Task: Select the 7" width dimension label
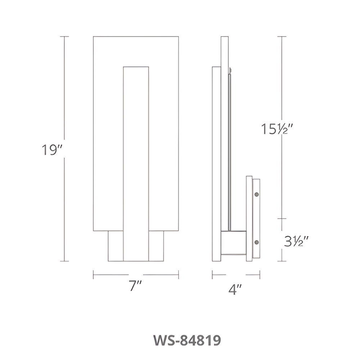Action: [136, 287]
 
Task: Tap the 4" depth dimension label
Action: [235, 289]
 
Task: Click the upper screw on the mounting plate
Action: [256, 194]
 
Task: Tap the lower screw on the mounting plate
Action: [256, 242]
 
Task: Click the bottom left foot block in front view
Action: [116, 246]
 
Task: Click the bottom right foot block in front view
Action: [156, 246]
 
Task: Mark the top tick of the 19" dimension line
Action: [64, 37]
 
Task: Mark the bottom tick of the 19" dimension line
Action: [64, 261]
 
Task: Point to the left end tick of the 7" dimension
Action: [94, 275]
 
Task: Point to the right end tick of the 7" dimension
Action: [179, 275]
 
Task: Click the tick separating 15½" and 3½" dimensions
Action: [282, 219]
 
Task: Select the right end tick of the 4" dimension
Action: [260, 275]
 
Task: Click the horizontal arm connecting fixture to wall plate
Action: [233, 243]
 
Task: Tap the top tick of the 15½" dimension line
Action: [282, 37]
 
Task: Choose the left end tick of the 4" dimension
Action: [212, 275]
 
